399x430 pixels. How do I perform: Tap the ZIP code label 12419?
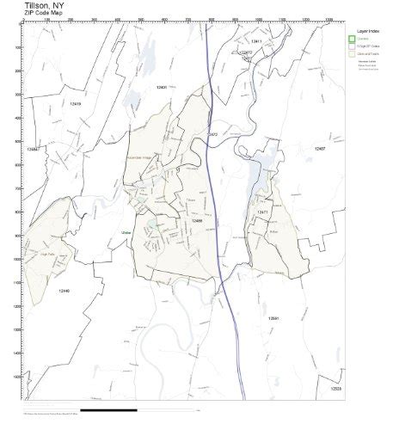point(75,104)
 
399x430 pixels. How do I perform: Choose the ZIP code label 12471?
point(263,210)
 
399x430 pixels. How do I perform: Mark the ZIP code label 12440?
point(64,292)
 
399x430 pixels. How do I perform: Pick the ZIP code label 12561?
point(273,318)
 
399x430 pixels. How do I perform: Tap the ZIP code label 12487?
point(319,149)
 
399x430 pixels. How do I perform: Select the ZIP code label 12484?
point(32,149)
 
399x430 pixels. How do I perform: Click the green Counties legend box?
point(352,38)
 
